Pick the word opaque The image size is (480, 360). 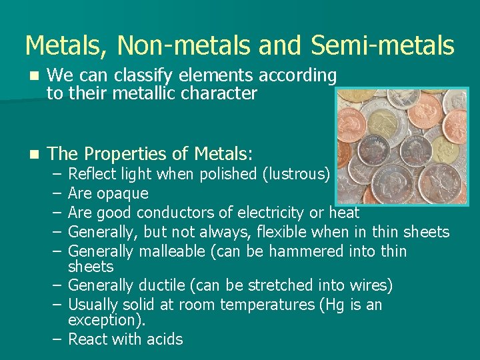coord(122,194)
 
